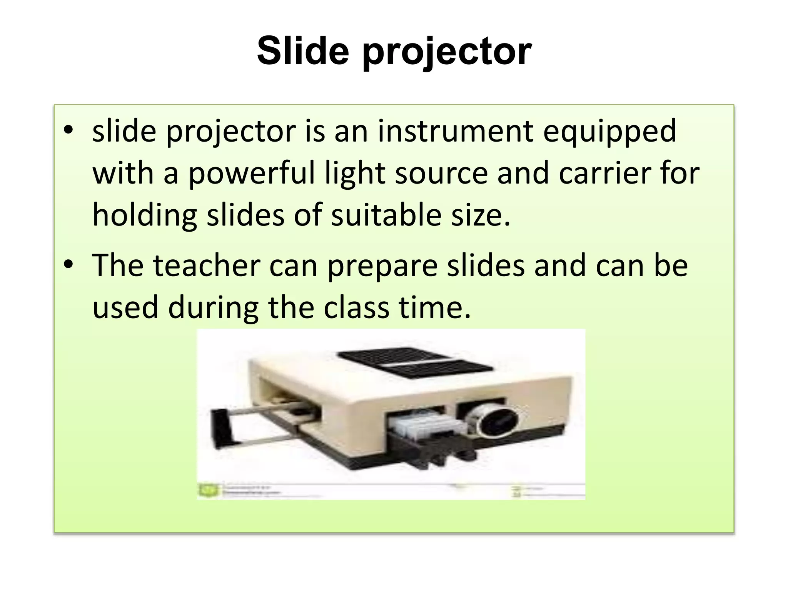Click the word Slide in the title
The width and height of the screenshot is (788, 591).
(303, 51)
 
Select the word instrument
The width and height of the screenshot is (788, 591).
(455, 131)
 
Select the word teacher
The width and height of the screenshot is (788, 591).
(207, 265)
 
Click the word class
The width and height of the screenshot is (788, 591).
(356, 308)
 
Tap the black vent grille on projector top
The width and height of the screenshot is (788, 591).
(412, 362)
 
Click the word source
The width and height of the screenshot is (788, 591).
(441, 173)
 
